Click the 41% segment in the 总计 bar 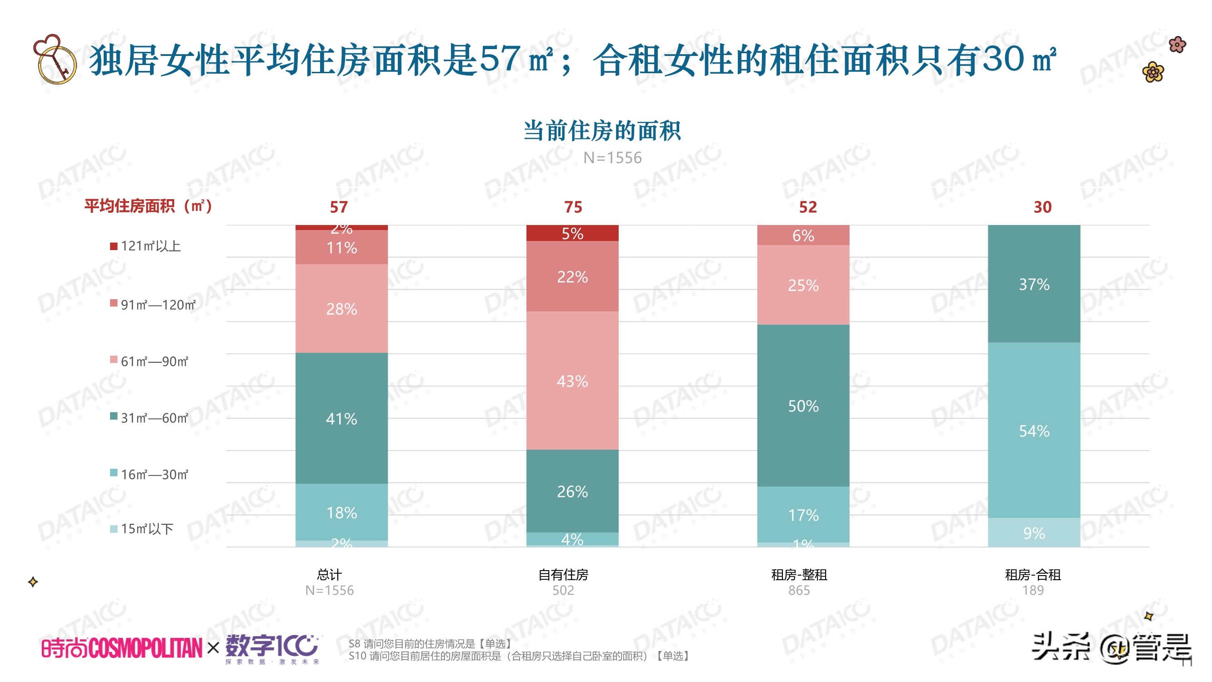(341, 418)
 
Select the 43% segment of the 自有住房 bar (572, 381)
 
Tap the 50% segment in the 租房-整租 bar (803, 406)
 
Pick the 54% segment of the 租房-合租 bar (1034, 431)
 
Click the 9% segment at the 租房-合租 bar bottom (1034, 533)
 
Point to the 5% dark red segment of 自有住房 (572, 233)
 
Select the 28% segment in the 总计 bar (341, 309)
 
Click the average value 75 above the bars (573, 207)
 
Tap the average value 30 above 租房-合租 (1042, 207)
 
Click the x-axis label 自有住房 (563, 575)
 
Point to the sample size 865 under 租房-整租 (798, 590)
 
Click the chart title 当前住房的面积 (602, 131)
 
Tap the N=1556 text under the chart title (612, 158)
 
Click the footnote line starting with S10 (520, 656)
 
